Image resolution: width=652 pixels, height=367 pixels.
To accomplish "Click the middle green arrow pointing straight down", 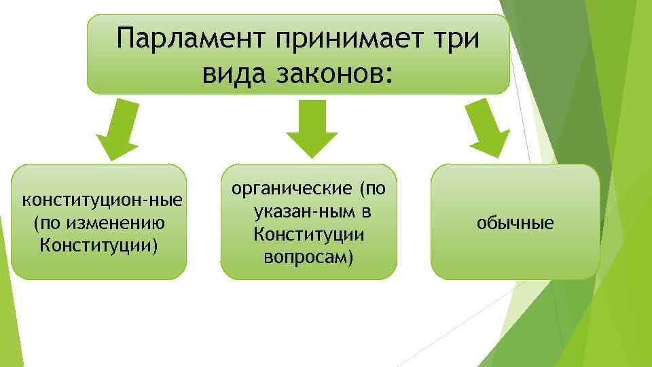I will pos(311,129).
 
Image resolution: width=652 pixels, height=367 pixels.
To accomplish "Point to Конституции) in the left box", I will pos(99,243).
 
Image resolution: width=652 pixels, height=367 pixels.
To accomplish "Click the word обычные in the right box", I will pos(515,222).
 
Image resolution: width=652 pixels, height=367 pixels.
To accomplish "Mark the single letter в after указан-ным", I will pos(365,212).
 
